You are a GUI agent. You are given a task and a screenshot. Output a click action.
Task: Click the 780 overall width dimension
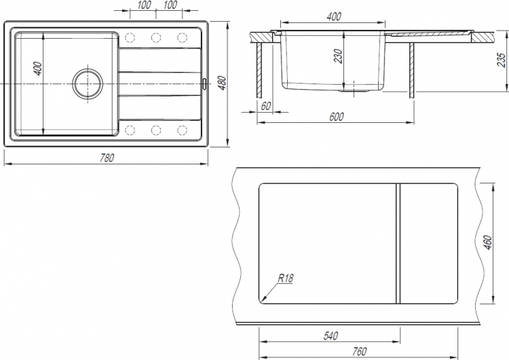pos(107,158)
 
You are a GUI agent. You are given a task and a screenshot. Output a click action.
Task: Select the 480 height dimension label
pos(222,83)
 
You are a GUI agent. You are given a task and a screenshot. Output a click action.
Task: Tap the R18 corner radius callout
pos(286,278)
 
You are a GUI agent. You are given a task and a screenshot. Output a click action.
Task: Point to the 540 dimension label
pos(331,336)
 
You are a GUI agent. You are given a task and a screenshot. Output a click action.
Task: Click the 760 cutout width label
pos(359,351)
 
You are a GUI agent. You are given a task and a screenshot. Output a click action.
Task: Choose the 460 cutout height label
pos(488,242)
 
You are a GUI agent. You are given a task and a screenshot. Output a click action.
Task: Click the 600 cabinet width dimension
pos(337,117)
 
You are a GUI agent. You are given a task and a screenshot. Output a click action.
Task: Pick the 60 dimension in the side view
pos(265,106)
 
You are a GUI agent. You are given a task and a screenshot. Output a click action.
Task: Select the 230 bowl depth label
pos(338,56)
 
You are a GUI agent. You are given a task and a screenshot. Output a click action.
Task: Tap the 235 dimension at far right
pos(502,60)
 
